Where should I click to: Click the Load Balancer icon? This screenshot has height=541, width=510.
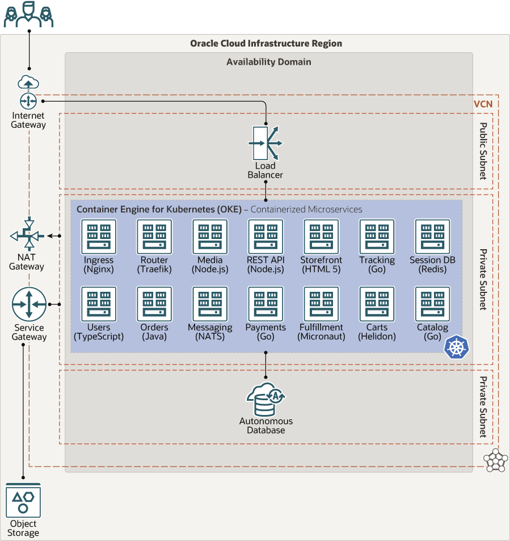click(x=265, y=143)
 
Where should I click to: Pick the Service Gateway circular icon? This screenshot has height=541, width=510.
click(x=29, y=305)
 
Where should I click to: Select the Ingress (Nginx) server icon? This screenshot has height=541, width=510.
click(x=99, y=237)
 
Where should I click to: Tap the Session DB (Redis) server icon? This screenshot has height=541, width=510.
click(x=433, y=237)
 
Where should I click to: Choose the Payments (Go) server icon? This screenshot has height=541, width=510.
click(x=265, y=304)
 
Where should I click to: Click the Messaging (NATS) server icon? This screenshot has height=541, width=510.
click(x=210, y=304)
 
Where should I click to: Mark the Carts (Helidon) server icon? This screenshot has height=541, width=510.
click(x=377, y=304)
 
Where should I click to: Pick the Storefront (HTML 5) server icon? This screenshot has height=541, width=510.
click(x=321, y=237)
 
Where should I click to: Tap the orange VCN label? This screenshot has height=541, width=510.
click(x=483, y=104)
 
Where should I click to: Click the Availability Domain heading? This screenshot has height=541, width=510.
click(x=269, y=62)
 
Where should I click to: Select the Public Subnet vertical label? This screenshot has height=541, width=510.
click(x=483, y=151)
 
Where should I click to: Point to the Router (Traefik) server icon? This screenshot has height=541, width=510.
click(x=154, y=237)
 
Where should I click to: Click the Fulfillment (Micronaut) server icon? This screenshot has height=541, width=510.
click(x=321, y=304)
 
